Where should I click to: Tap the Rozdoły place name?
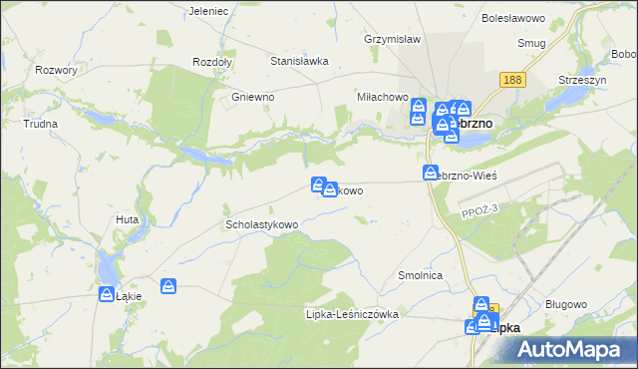(x=211, y=61)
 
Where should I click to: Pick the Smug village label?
(x=530, y=43)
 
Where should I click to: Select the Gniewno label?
(x=252, y=98)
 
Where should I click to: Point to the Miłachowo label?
(x=384, y=98)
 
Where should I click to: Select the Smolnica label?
(x=420, y=275)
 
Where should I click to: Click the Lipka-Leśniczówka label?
(x=351, y=314)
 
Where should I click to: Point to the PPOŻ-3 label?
(x=479, y=211)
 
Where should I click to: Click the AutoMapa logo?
(x=574, y=350)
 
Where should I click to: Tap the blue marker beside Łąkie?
(x=108, y=293)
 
